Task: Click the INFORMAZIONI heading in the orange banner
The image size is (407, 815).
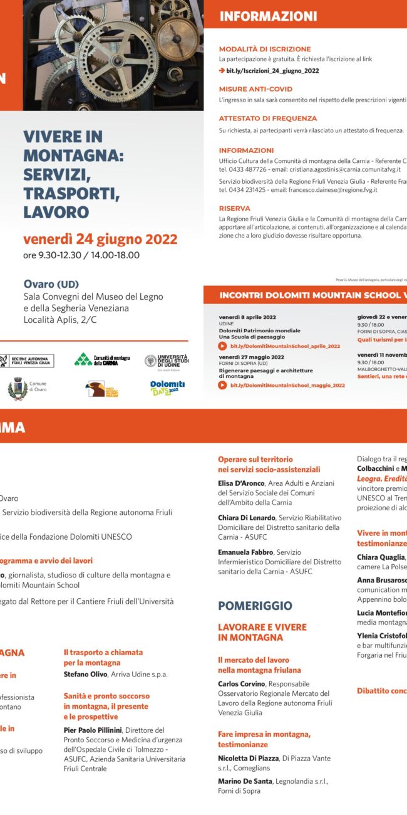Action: [x=268, y=17]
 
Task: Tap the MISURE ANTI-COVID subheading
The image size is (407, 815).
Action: [x=255, y=89]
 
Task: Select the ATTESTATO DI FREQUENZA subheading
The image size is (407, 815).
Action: [x=268, y=118]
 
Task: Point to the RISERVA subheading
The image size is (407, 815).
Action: [x=234, y=208]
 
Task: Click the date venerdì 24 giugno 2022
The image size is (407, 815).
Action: [x=100, y=239]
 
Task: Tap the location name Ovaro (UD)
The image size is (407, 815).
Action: [x=51, y=284]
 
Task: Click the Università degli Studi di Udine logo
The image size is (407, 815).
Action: [x=167, y=360]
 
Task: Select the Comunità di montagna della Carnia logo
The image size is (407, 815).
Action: [x=102, y=360]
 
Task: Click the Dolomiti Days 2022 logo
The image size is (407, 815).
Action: [x=167, y=388]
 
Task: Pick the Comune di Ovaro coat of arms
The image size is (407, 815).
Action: [x=16, y=389]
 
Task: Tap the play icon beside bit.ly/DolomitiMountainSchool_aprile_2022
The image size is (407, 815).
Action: [x=222, y=346]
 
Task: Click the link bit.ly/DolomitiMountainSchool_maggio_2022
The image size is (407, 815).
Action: [x=287, y=386]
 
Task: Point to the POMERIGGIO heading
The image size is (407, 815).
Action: [x=255, y=606]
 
